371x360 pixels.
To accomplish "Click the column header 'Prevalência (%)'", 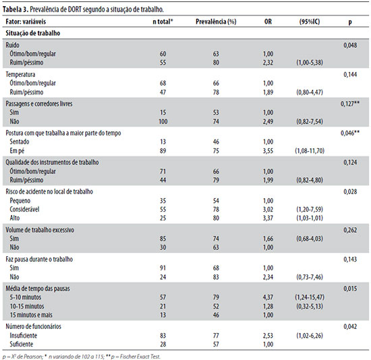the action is point(216,22).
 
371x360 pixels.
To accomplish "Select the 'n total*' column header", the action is point(163,22).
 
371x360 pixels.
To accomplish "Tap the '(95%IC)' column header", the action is point(310,22).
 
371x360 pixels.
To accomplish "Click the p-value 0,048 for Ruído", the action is point(350,45).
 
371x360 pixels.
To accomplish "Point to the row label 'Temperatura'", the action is point(20,74).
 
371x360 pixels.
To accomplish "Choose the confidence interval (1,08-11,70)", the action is point(310,150).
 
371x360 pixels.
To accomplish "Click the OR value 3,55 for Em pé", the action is point(268,150).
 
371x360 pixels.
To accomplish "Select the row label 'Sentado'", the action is point(20,142).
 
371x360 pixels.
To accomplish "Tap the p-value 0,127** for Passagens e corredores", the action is point(350,104).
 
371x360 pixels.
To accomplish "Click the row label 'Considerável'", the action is point(24,210).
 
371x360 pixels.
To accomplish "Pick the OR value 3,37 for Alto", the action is point(268,218).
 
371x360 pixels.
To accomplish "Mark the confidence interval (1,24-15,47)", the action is point(310,297).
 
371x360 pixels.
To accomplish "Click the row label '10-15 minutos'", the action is point(27,306).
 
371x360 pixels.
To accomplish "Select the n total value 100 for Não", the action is point(163,121).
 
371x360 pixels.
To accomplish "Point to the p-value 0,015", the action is point(350,289).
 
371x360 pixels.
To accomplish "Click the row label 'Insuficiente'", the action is point(23,336).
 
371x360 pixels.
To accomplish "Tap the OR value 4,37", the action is point(268,297).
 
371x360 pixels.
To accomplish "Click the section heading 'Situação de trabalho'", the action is point(33,33).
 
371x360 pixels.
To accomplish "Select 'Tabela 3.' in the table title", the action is point(16,9).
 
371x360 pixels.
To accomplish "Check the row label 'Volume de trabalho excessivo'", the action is point(40,230).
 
